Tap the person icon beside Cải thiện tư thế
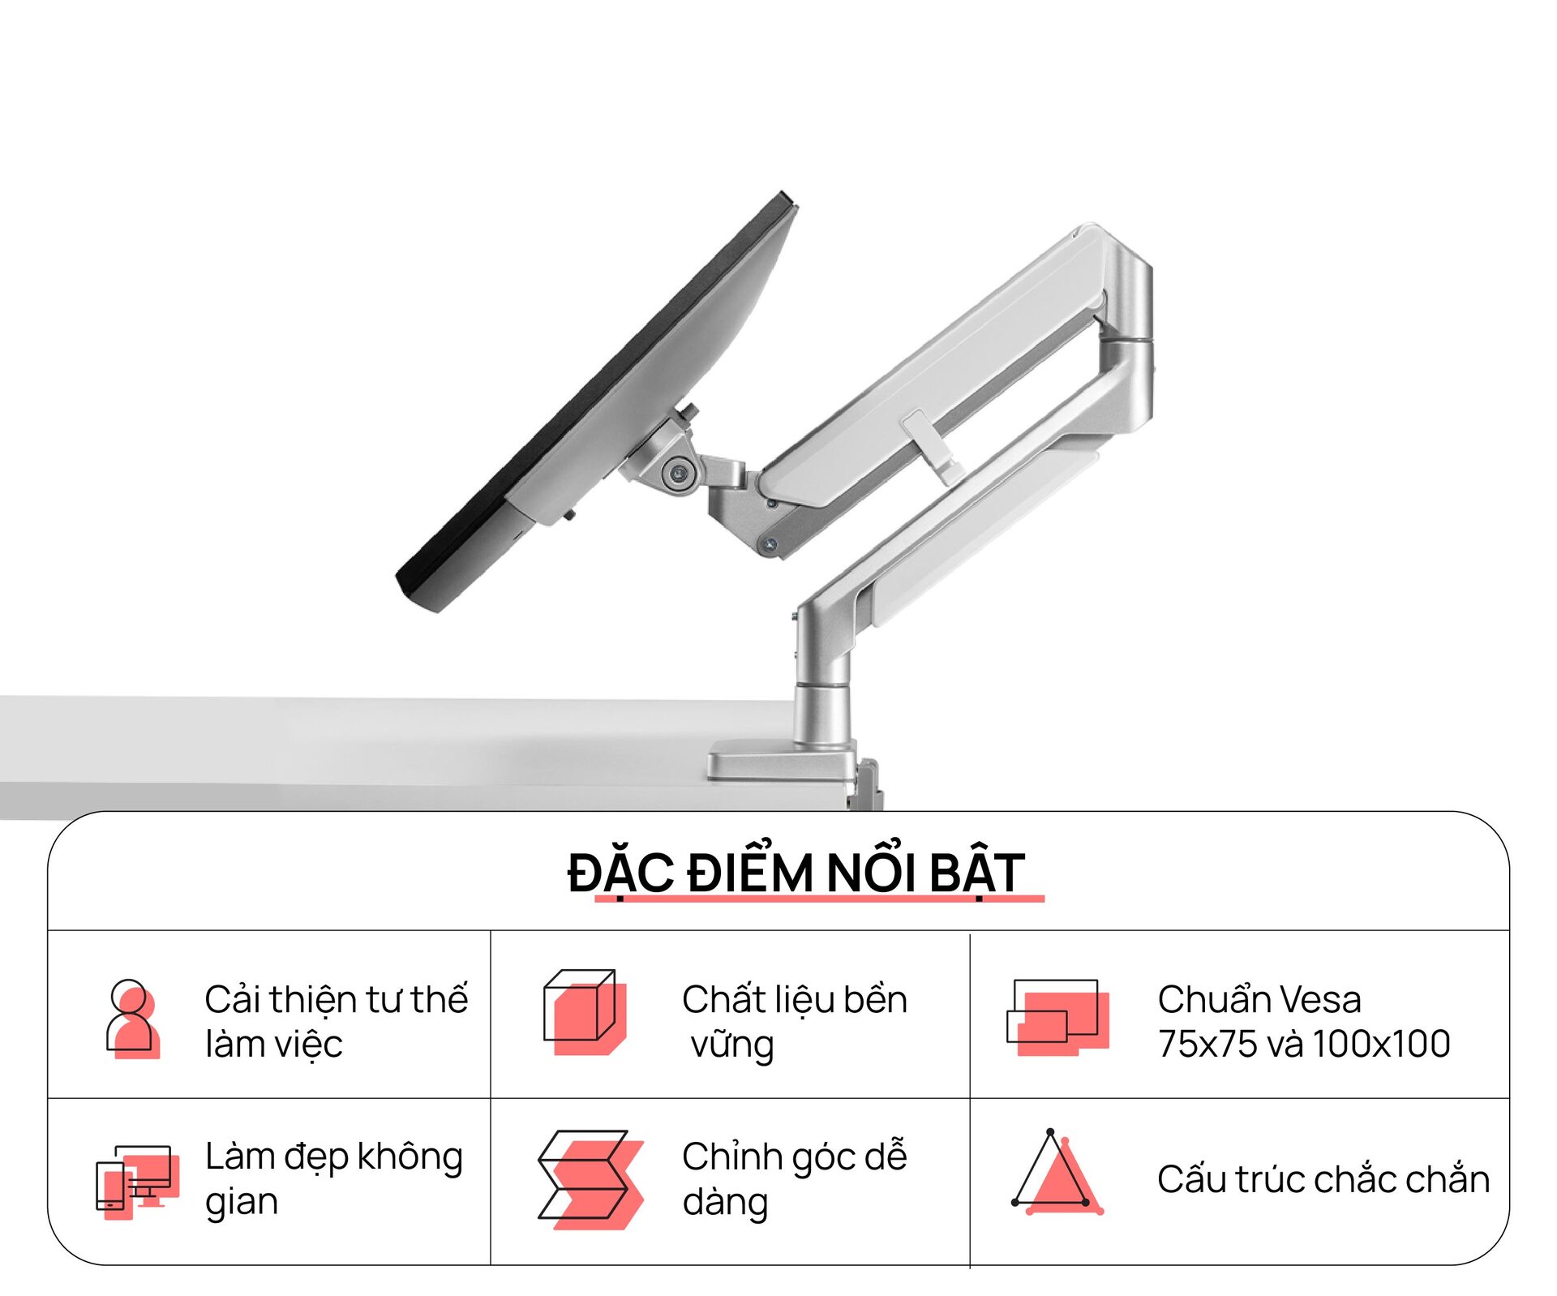131,1018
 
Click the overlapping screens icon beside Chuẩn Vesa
1057,1016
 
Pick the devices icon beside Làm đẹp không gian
134,1181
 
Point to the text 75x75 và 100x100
1303,1044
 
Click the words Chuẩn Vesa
1259,999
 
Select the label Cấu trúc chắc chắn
1323,1179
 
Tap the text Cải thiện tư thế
336,999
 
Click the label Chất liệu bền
794,999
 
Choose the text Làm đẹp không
333,1157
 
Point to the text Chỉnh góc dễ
794,1157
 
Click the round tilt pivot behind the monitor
676,471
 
